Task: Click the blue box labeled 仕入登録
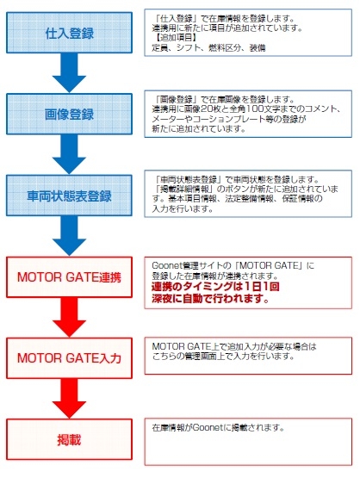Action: (69, 33)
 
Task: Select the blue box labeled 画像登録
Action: (69, 114)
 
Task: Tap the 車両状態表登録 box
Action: (69, 196)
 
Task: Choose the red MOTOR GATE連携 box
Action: (69, 276)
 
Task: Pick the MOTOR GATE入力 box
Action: (69, 358)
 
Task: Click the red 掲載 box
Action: (69, 439)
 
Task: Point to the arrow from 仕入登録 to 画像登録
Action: (69, 73)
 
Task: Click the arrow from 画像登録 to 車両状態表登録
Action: (69, 154)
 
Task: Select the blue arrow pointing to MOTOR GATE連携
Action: (69, 236)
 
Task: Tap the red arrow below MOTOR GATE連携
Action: (69, 317)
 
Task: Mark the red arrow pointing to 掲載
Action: (69, 399)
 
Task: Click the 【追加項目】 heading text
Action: (174, 38)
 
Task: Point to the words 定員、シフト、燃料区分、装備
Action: (208, 48)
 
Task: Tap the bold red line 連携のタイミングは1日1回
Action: (215, 287)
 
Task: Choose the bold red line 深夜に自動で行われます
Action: (210, 299)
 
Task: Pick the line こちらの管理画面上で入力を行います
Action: (223, 356)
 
